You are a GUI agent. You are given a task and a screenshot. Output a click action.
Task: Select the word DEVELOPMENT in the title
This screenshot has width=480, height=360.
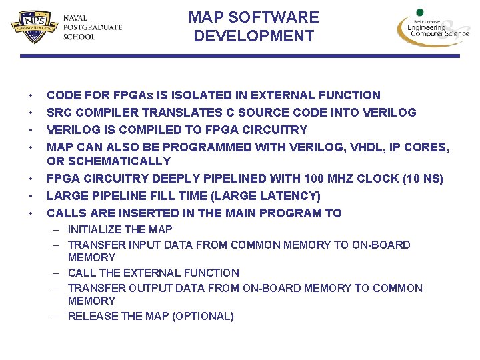point(253,36)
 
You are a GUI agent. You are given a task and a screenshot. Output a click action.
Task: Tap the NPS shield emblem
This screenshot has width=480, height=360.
point(33,27)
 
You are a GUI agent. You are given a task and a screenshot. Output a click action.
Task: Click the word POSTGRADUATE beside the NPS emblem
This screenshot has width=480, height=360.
point(92,27)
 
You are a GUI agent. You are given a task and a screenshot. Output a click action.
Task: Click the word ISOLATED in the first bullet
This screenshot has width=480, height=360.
point(191,95)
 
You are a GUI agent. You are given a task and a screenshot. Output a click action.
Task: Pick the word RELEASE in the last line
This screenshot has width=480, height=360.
point(93,316)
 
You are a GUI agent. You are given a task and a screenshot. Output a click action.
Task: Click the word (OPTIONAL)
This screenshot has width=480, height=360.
point(203,316)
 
